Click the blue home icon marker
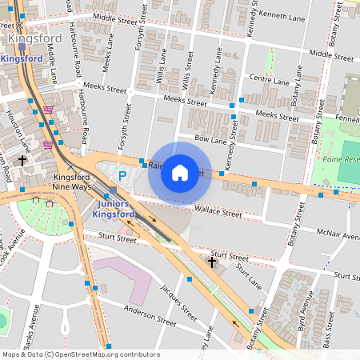[x=180, y=173]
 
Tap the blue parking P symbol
[x=122, y=175]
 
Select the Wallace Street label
[x=218, y=213]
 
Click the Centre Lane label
[x=269, y=81]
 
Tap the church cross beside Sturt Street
[x=212, y=262]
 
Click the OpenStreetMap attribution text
[x=80, y=354]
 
